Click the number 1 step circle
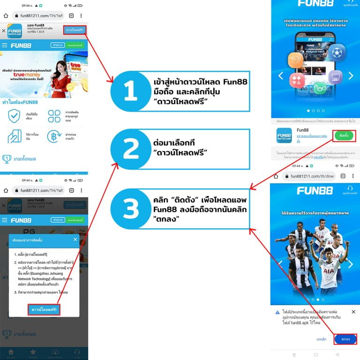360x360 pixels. pyautogui.click(x=130, y=91)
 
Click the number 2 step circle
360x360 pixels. pyautogui.click(x=130, y=150)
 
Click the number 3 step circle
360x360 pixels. pyautogui.click(x=130, y=209)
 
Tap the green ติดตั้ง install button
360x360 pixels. pyautogui.click(x=343, y=135)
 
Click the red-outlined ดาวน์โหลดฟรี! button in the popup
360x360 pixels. pyautogui.click(x=44, y=310)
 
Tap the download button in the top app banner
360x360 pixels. pyautogui.click(x=75, y=30)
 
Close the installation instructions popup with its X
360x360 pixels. pyautogui.click(x=75, y=240)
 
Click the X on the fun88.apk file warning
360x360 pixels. pyautogui.click(x=353, y=312)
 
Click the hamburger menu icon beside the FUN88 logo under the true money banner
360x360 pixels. pyautogui.click(x=5, y=45)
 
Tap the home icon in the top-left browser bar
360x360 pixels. pyautogui.click(x=6, y=15)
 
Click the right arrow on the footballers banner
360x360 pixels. pyautogui.click(x=351, y=264)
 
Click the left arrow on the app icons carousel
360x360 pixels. pyautogui.click(x=281, y=75)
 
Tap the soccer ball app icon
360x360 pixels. pyautogui.click(x=337, y=53)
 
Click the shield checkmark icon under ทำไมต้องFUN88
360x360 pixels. pyautogui.click(x=15, y=116)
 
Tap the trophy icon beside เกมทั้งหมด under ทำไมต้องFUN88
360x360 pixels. pyautogui.click(x=7, y=159)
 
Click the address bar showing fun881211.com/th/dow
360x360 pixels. pyautogui.click(x=312, y=176)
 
